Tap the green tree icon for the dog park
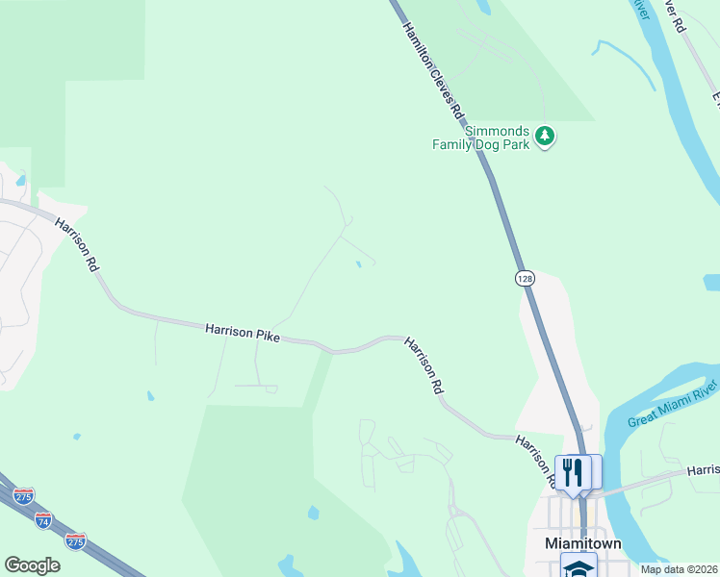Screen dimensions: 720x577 coord(546,136)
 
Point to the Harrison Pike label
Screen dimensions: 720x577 coord(242,333)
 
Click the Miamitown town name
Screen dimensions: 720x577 coord(583,543)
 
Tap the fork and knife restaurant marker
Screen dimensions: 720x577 coord(573,472)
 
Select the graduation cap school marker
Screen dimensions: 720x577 coord(579,567)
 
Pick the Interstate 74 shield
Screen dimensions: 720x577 coord(43,520)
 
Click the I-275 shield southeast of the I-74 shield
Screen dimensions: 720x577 coord(75,539)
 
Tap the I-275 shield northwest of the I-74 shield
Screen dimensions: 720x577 coord(24,496)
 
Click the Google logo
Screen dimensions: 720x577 coord(32,565)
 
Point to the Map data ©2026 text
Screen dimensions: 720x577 coord(679,569)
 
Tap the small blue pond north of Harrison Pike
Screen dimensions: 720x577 coord(359,264)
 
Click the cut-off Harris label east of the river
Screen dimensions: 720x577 coord(703,469)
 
